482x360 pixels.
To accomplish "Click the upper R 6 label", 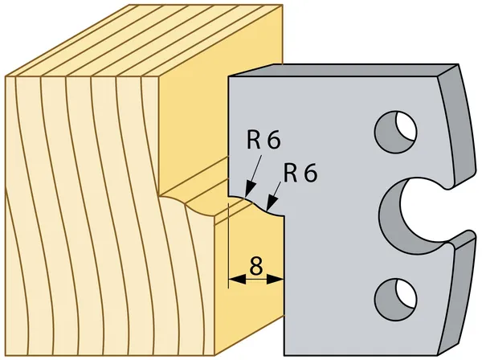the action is (263, 140).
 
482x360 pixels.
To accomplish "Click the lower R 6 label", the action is (300, 173).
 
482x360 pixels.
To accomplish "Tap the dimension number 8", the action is (256, 266).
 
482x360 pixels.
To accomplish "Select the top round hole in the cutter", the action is (395, 132).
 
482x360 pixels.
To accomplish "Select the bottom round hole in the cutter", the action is (395, 300).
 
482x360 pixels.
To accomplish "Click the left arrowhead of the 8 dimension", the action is (238, 279).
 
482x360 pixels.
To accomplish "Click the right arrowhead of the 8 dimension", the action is (275, 280).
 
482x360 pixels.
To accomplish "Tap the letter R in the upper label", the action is (254, 140).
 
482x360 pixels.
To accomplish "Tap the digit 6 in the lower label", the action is (310, 173).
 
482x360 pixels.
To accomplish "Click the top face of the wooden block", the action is (145, 40).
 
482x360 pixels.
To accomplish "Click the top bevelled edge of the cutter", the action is (343, 70).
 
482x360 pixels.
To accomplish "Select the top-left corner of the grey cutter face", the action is (228, 76).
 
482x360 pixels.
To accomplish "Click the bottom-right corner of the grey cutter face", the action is (440, 355).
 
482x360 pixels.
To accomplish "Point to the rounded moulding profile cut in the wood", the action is (187, 207).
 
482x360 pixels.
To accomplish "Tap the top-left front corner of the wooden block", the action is (6, 76).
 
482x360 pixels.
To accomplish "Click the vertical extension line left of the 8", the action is (229, 246).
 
